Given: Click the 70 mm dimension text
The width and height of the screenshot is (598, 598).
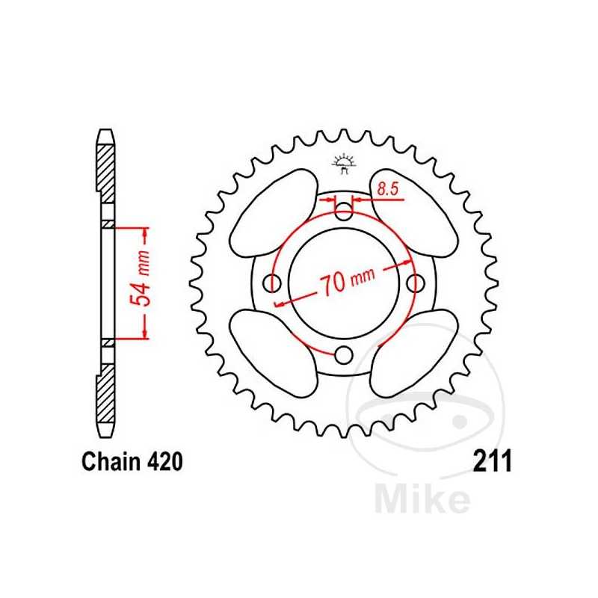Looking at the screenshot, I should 347,282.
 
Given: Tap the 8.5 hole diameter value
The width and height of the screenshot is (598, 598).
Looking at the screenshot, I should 387,190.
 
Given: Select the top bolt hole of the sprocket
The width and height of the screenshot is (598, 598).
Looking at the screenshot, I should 344,212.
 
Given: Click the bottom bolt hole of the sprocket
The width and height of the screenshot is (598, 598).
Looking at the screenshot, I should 344,354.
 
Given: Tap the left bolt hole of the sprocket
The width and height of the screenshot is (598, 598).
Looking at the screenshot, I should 273,283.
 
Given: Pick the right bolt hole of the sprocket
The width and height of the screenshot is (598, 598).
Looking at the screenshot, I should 415,283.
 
